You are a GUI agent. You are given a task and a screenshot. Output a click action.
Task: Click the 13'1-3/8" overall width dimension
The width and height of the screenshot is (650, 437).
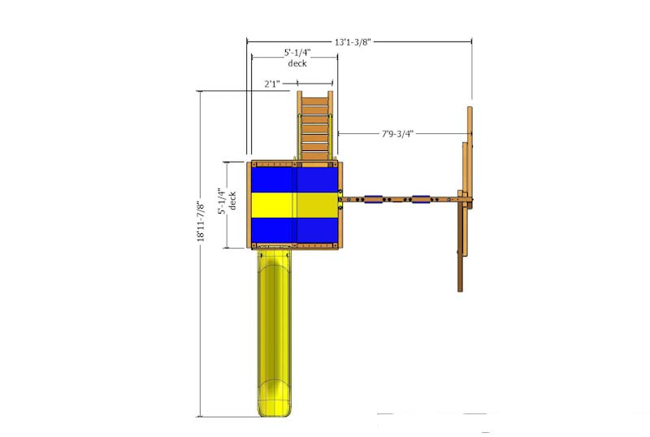[353, 42]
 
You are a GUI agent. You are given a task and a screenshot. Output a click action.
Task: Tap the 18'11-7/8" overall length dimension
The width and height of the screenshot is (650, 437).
[201, 222]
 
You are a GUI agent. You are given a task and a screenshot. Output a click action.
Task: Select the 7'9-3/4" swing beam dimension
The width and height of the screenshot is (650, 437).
[397, 133]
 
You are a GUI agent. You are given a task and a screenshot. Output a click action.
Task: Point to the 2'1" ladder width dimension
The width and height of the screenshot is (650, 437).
[272, 84]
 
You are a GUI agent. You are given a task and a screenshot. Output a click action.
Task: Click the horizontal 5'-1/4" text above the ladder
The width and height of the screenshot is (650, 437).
[297, 53]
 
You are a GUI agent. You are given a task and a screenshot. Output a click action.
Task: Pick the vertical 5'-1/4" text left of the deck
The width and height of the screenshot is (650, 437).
[222, 201]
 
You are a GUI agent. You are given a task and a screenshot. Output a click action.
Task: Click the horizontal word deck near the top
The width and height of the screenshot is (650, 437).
[297, 63]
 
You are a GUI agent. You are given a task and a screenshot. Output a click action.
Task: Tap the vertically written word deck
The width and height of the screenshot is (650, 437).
[232, 201]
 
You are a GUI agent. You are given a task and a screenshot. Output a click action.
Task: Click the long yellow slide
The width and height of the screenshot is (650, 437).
[274, 331]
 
